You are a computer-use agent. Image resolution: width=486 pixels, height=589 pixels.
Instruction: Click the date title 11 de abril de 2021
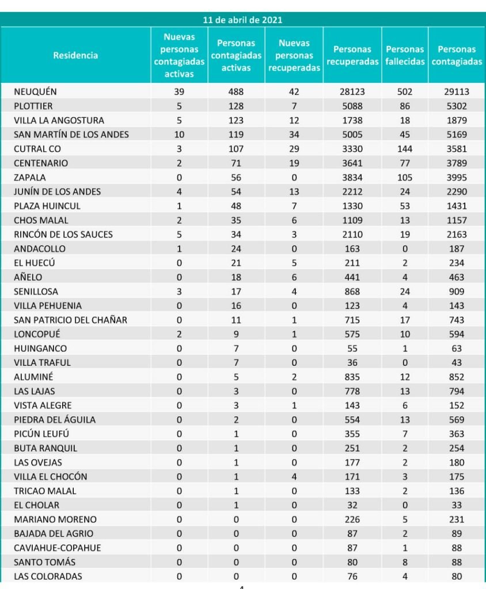pyautogui.click(x=242, y=20)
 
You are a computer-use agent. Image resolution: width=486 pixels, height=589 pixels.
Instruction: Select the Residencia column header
pyautogui.click(x=75, y=56)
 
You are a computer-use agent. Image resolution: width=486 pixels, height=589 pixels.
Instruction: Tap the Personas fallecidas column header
pyautogui.click(x=405, y=56)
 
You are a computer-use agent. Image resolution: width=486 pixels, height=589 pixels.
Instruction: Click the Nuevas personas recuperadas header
pyautogui.click(x=294, y=56)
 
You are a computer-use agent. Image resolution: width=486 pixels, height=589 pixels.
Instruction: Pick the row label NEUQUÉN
pyautogui.click(x=36, y=92)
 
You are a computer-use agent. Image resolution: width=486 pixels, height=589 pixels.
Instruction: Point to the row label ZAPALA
pyautogui.click(x=30, y=178)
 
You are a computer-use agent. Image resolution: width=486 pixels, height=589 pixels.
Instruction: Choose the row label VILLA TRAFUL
pyautogui.click(x=43, y=362)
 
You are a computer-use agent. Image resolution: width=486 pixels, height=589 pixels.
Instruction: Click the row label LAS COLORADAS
pyautogui.click(x=48, y=576)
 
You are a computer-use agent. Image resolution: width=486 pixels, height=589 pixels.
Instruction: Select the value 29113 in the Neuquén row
pyautogui.click(x=457, y=92)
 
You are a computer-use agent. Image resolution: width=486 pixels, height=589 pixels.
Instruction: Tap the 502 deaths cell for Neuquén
pyautogui.click(x=405, y=92)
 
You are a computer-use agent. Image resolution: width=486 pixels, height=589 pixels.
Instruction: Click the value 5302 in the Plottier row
pyautogui.click(x=457, y=106)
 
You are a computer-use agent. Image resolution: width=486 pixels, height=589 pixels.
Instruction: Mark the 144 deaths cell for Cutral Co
pyautogui.click(x=405, y=149)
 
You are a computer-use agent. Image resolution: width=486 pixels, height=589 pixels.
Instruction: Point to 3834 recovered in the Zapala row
pyautogui.click(x=352, y=178)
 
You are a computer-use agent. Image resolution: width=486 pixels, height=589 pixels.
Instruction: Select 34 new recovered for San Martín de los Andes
pyautogui.click(x=294, y=135)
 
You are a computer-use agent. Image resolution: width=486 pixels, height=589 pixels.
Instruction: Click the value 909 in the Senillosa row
pyautogui.click(x=457, y=292)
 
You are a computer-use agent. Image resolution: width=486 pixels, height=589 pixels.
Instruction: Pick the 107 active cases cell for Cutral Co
pyautogui.click(x=236, y=149)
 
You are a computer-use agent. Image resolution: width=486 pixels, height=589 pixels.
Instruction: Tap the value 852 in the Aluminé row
pyautogui.click(x=457, y=377)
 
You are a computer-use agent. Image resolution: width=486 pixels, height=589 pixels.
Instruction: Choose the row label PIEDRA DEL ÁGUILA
pyautogui.click(x=55, y=420)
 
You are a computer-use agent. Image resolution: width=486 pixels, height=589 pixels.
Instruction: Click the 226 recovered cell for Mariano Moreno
pyautogui.click(x=352, y=519)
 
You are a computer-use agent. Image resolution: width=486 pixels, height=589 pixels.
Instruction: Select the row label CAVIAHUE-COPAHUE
pyautogui.click(x=58, y=548)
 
